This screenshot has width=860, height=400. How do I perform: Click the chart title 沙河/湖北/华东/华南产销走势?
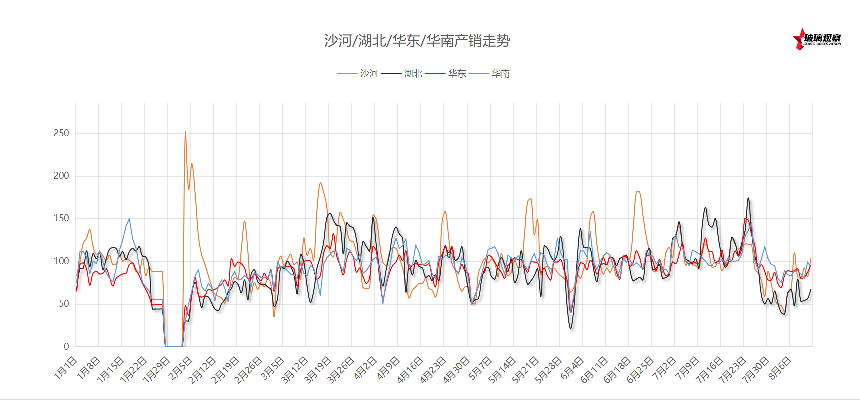(x=417, y=40)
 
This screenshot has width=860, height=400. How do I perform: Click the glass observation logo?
(x=817, y=39)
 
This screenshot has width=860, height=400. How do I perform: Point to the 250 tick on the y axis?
(x=61, y=133)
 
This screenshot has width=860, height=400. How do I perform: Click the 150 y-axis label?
(x=61, y=218)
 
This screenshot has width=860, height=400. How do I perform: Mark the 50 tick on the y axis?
(x=64, y=304)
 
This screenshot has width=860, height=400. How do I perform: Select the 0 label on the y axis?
(x=66, y=346)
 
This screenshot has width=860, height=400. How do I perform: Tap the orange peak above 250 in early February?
(x=185, y=132)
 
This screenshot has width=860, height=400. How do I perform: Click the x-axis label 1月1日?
(x=66, y=368)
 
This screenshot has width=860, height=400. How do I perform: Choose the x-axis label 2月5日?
(x=181, y=368)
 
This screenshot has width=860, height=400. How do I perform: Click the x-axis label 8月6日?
(x=780, y=368)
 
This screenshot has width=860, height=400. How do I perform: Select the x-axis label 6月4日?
(x=572, y=368)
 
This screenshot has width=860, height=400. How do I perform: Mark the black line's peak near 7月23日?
(x=748, y=198)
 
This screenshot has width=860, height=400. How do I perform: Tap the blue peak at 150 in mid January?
(x=129, y=218)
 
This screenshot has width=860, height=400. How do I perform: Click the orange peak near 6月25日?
(x=638, y=192)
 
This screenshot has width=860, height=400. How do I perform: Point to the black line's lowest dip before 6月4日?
(x=571, y=328)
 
